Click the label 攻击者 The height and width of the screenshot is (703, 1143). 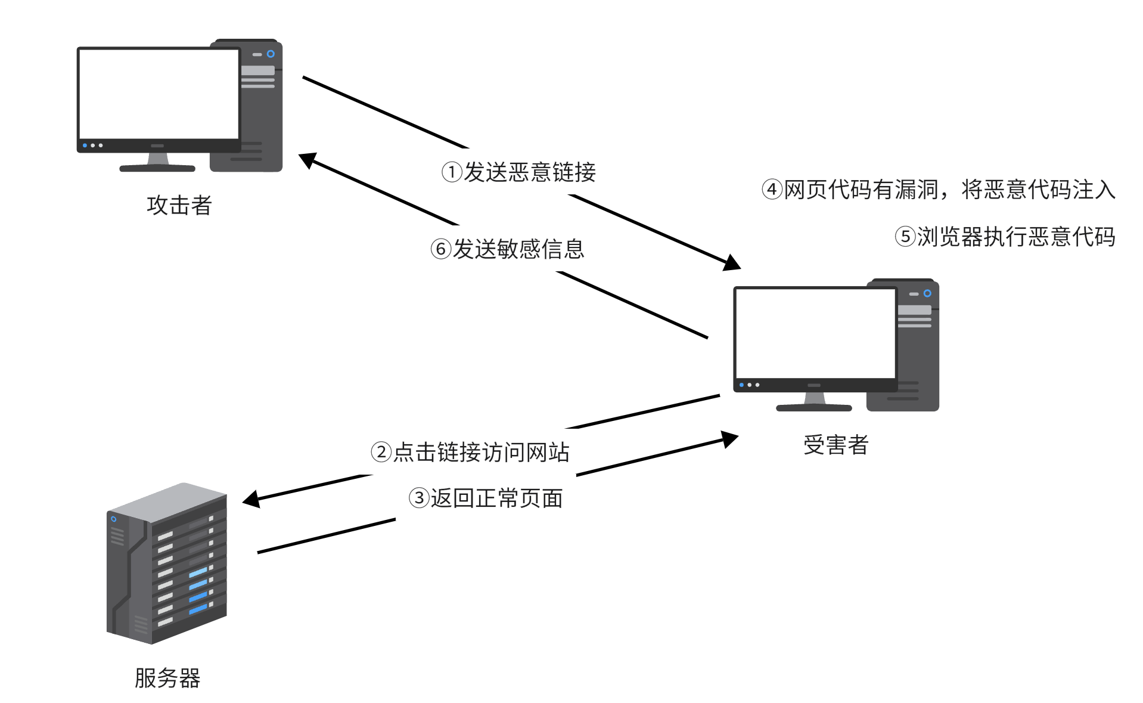(x=179, y=205)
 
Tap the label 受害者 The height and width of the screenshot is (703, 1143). (x=835, y=445)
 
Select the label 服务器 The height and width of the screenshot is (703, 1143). (x=167, y=678)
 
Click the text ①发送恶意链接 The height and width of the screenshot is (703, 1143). (x=518, y=172)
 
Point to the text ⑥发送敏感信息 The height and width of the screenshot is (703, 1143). (x=507, y=249)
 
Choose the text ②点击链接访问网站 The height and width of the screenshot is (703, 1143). (x=470, y=452)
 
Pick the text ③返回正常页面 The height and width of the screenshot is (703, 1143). (x=486, y=498)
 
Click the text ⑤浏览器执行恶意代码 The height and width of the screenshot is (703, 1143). (x=1005, y=237)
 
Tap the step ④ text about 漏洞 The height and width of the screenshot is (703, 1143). (x=938, y=190)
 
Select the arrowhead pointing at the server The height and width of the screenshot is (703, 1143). (x=252, y=499)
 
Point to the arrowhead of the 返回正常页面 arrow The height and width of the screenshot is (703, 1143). (x=729, y=439)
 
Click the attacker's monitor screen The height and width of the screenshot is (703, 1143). (x=159, y=94)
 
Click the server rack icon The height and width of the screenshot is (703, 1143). (x=167, y=563)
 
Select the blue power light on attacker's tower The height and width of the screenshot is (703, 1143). (x=271, y=54)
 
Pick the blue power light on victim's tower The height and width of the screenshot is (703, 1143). (x=927, y=293)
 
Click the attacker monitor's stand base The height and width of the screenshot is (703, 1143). (x=157, y=168)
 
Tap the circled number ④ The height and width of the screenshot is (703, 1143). (x=772, y=190)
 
